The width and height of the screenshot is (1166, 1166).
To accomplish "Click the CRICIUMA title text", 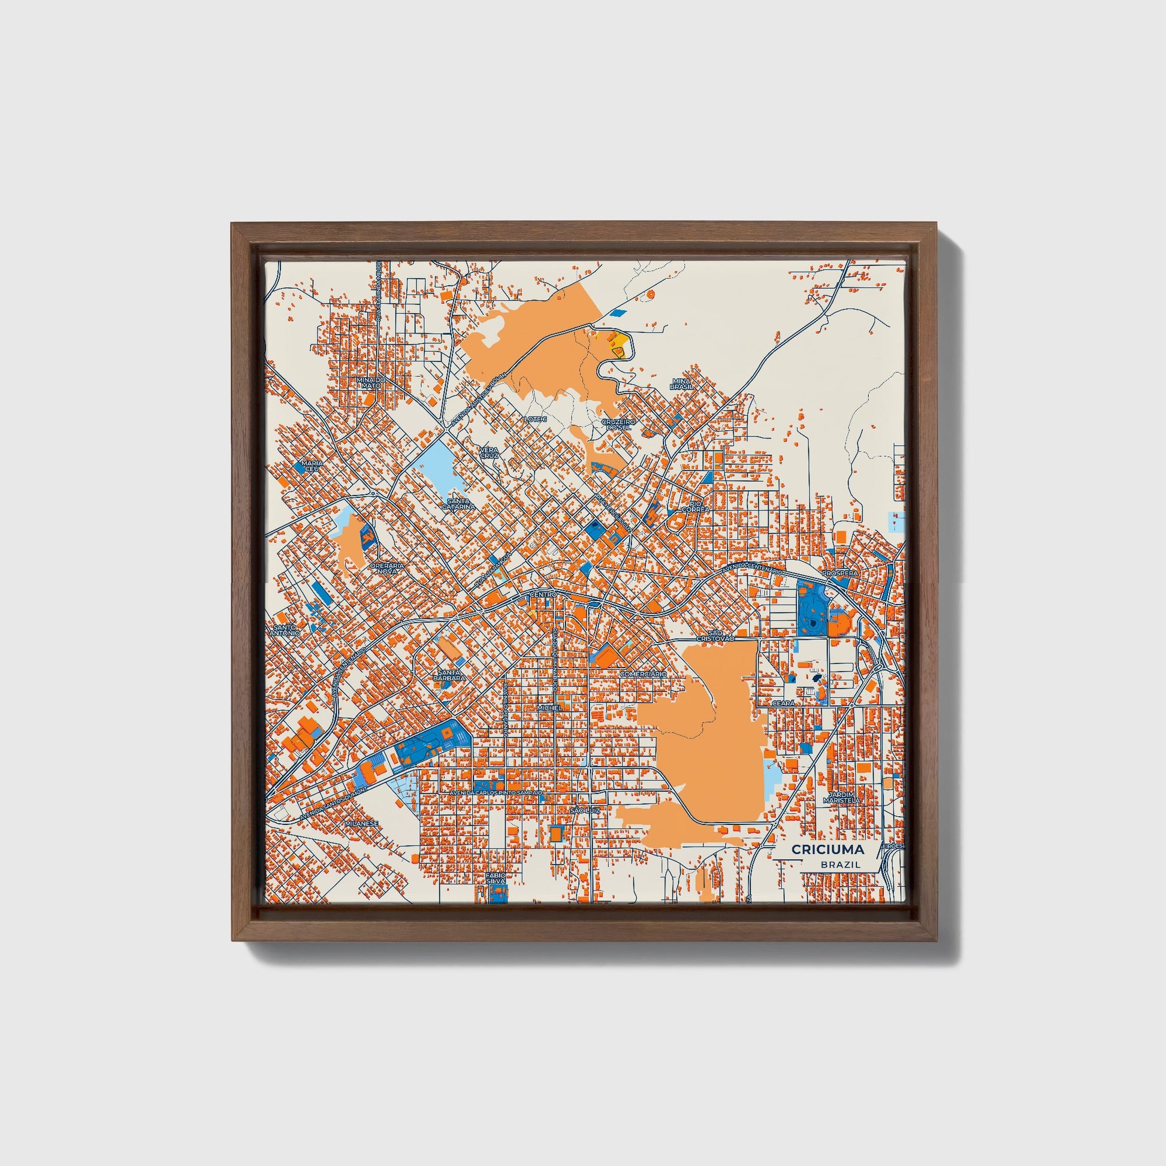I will pyautogui.click(x=827, y=850).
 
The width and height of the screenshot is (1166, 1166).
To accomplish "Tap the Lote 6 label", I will pyautogui.click(x=535, y=419).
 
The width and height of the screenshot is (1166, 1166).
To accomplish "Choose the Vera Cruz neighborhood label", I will pyautogui.click(x=489, y=452).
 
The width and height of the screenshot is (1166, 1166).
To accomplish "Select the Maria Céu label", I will pyautogui.click(x=313, y=466).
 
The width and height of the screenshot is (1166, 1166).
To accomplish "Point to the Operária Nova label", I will pyautogui.click(x=387, y=567).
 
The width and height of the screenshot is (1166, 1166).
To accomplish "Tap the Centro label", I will pyautogui.click(x=542, y=595).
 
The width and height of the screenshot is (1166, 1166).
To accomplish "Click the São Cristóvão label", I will pyautogui.click(x=715, y=636).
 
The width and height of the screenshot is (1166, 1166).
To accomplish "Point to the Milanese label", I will pyautogui.click(x=361, y=823).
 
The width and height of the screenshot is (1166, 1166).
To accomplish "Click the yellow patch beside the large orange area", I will pyautogui.click(x=623, y=346).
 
